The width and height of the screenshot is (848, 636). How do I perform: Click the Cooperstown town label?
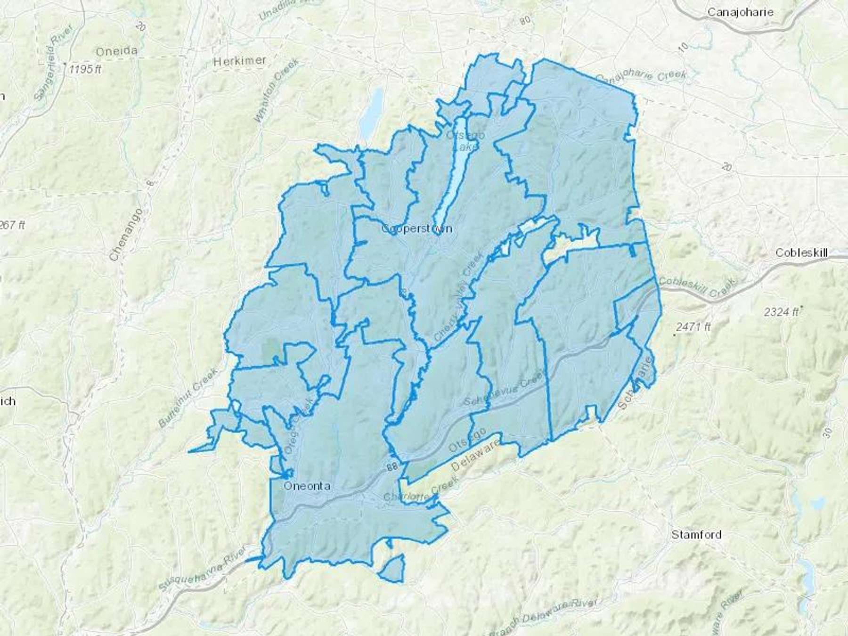tap(416, 229)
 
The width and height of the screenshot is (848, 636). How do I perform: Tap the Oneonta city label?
tap(307, 486)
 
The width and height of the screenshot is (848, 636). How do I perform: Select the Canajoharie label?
tap(740, 12)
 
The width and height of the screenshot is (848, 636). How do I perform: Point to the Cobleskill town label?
tap(801, 253)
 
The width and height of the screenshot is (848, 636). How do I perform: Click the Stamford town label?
tap(696, 535)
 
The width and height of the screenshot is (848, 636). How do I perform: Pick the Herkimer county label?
tap(239, 61)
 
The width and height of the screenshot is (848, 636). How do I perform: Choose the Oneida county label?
tap(116, 51)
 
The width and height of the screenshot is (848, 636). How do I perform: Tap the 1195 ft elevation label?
tap(85, 69)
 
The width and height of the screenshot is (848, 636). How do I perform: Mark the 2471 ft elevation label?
tap(693, 326)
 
